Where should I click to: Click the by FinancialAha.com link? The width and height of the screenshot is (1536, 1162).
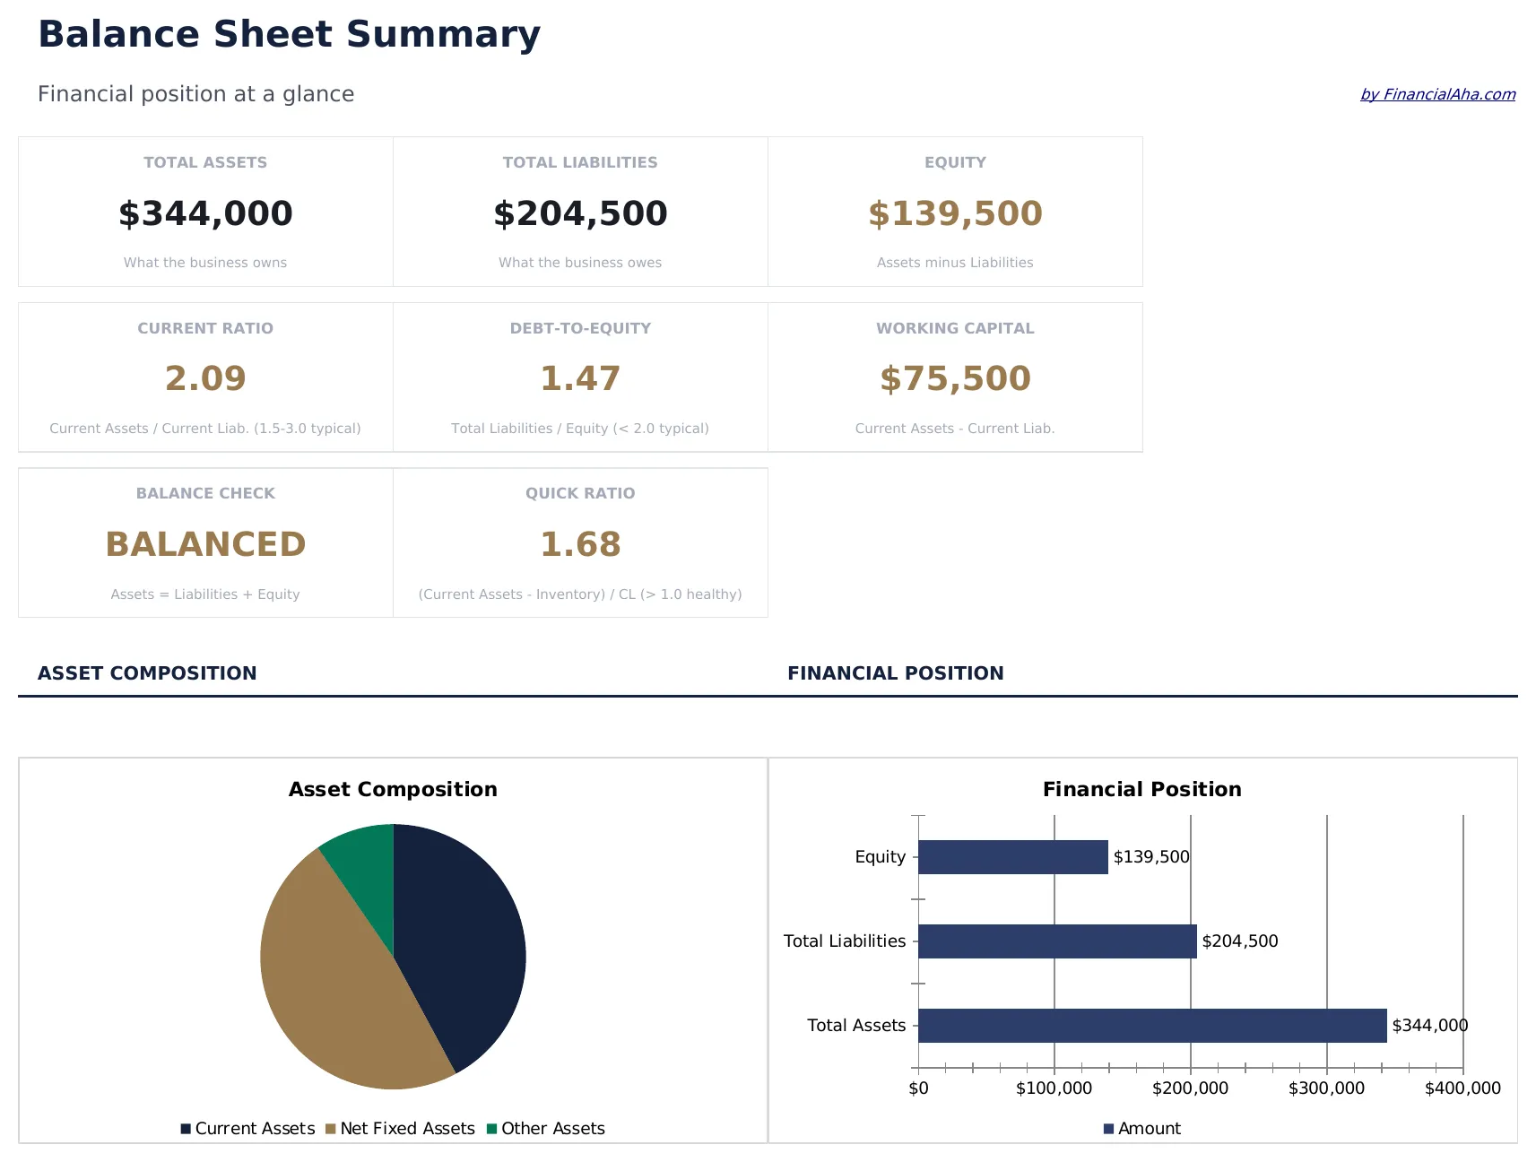(x=1437, y=94)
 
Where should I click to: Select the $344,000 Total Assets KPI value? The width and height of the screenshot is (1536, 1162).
(x=205, y=213)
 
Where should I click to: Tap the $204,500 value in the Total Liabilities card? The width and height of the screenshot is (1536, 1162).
(x=580, y=213)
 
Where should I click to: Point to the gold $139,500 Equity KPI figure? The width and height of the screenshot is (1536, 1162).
(x=955, y=213)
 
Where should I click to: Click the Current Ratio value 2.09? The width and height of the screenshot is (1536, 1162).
(x=205, y=378)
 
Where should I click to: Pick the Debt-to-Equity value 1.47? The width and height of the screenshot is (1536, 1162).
(x=580, y=378)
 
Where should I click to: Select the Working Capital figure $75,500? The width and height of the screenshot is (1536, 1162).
(x=955, y=378)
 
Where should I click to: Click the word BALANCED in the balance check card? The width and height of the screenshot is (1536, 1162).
(x=205, y=544)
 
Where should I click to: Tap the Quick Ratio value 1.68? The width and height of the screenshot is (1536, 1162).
(x=580, y=544)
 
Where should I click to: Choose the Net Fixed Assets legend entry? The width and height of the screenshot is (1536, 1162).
(x=407, y=1129)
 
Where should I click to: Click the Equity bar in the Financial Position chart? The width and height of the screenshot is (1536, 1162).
(x=1012, y=857)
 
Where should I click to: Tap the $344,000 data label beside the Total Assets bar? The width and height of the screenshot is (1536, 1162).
(x=1429, y=1026)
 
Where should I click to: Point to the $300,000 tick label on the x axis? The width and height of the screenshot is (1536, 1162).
(x=1326, y=1088)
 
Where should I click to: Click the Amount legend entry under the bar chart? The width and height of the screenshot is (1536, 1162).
(x=1148, y=1129)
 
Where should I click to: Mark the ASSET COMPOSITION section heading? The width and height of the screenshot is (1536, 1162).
(x=147, y=673)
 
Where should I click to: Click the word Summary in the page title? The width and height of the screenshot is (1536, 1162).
(x=443, y=34)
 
